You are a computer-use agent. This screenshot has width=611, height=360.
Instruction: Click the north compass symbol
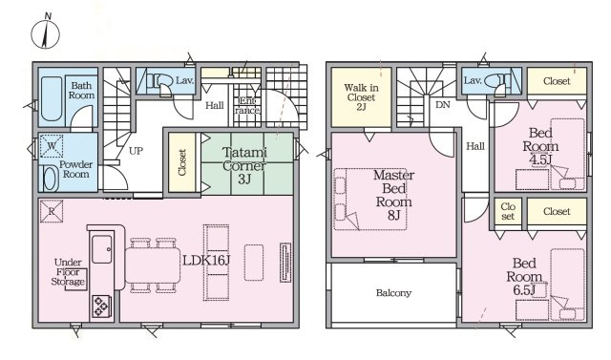click(x=46, y=32)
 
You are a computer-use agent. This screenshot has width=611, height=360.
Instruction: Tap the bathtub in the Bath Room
click(x=52, y=99)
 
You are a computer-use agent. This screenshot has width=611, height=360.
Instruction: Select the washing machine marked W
click(x=52, y=146)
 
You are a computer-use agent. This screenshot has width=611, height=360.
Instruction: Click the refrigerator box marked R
click(x=52, y=212)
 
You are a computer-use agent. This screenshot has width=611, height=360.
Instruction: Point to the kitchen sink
click(x=102, y=249)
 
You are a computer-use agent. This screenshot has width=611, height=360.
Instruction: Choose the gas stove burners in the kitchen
click(x=101, y=306)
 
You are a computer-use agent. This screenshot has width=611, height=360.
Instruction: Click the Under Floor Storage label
click(x=68, y=272)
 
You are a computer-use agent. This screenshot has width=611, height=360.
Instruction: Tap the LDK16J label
click(x=206, y=261)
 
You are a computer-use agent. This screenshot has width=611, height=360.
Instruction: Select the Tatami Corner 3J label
click(x=244, y=165)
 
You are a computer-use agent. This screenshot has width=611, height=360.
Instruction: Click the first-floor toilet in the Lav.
click(x=164, y=81)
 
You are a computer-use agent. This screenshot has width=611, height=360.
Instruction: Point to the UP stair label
click(x=136, y=151)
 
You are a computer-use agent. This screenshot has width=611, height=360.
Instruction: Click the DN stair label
click(x=443, y=105)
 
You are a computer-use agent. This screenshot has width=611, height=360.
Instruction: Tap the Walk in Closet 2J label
click(x=361, y=97)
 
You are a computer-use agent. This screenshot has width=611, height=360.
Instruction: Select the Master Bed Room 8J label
click(x=394, y=195)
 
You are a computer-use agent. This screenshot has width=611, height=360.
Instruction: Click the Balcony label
click(x=393, y=293)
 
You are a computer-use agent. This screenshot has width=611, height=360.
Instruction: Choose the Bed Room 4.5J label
click(x=540, y=146)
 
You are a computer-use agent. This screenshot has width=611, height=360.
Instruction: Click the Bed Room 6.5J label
click(x=524, y=277)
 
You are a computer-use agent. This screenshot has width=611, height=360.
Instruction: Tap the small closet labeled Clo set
click(x=508, y=211)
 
